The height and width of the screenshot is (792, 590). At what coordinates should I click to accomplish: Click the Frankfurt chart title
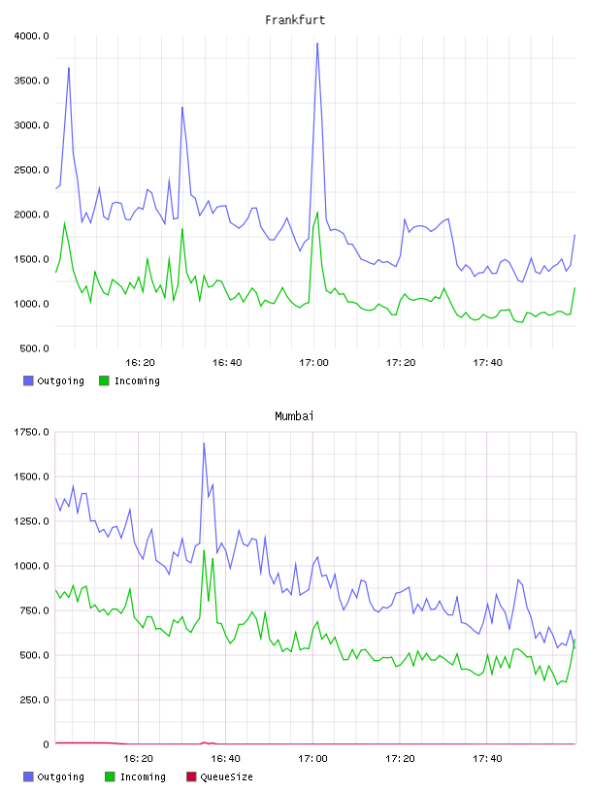point(295,20)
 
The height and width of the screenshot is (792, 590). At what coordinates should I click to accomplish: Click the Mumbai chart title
point(294,416)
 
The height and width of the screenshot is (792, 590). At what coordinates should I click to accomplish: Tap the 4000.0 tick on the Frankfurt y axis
point(31,36)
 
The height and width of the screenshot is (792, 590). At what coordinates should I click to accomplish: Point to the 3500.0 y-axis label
point(31,81)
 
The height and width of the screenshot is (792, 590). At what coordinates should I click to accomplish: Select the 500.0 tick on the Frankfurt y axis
point(34,348)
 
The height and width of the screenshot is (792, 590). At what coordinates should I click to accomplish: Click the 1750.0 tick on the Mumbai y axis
point(31,432)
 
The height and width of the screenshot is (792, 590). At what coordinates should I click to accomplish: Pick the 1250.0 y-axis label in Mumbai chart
point(31,521)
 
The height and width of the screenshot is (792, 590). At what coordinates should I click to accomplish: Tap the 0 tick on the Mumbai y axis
point(46,744)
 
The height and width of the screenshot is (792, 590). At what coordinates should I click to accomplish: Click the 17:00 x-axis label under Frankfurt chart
point(313,363)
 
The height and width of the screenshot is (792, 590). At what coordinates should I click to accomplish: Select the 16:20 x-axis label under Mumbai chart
point(139,759)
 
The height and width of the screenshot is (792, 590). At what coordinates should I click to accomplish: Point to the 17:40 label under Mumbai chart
point(487,759)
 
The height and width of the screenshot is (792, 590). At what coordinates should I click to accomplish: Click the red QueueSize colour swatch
point(191,776)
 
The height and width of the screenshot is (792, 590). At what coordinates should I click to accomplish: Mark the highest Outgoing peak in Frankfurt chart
point(317,44)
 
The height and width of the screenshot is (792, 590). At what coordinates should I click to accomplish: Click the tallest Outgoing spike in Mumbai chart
point(204,443)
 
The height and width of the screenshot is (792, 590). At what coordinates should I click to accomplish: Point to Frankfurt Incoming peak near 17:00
point(317,213)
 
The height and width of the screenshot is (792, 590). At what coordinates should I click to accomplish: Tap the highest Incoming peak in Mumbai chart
point(204,550)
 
